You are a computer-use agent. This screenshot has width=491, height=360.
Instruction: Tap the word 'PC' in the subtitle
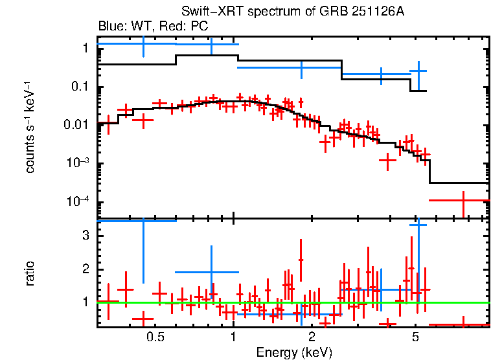199,27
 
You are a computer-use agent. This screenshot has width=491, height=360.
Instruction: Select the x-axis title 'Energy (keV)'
294,352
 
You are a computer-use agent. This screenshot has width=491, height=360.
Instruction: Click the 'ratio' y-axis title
30,273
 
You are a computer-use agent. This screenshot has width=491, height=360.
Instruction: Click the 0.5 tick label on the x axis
154,337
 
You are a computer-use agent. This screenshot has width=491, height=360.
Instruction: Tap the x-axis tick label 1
233,337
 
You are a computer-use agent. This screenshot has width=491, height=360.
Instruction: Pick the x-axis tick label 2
312,337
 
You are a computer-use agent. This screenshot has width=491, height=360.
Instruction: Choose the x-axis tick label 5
415,337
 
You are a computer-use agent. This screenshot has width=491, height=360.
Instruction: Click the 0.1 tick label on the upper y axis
80,87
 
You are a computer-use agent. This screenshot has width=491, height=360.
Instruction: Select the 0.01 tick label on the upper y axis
77,125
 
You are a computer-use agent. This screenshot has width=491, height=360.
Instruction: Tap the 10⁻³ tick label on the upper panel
79,163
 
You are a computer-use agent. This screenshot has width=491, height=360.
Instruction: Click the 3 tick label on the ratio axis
86,236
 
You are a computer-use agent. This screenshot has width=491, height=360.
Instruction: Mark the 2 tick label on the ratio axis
86,269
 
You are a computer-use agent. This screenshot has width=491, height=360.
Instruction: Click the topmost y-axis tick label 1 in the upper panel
86,49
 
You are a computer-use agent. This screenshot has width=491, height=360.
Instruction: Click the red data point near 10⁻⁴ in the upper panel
463,201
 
